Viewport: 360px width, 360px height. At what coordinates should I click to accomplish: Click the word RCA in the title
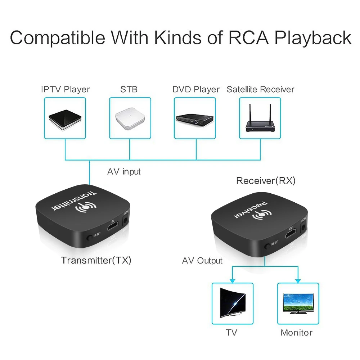248,37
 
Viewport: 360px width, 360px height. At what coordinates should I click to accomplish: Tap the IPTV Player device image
65,120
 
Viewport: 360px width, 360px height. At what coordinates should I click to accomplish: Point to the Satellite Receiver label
260,89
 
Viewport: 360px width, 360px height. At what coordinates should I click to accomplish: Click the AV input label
124,171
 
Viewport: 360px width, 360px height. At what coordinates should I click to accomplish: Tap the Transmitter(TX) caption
96,260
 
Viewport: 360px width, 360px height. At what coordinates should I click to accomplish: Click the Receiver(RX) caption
266,181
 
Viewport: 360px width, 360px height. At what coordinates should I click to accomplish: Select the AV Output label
202,261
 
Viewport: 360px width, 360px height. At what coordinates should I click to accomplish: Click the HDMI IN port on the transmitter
113,226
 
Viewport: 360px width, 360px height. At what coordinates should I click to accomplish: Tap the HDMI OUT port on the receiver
291,234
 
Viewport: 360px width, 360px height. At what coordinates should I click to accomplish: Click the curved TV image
233,303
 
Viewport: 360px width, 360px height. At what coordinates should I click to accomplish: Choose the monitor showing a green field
298,303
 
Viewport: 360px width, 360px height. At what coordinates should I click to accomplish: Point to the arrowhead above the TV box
232,281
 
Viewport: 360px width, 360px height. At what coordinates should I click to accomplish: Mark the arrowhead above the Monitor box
298,281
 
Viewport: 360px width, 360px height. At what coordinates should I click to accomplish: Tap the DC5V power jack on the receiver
303,227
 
